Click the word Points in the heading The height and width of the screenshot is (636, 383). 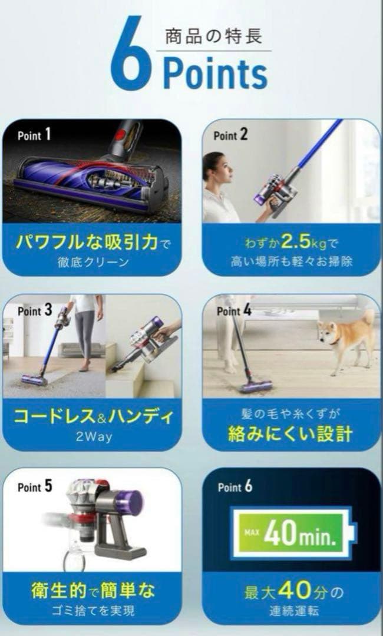click(x=215, y=74)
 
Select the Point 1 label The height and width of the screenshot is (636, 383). click(x=34, y=135)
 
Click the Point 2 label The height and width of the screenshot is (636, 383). click(x=230, y=135)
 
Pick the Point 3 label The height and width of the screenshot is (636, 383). click(x=35, y=310)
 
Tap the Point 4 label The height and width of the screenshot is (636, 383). click(x=233, y=310)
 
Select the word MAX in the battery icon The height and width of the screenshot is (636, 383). click(x=250, y=534)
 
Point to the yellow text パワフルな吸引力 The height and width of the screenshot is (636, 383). click(x=85, y=242)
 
